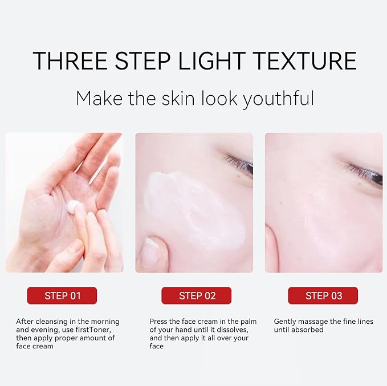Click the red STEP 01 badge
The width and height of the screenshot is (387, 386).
pyautogui.click(x=62, y=295)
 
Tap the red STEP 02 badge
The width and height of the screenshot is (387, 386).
pyautogui.click(x=197, y=295)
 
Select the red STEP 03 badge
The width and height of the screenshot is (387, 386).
pyautogui.click(x=323, y=295)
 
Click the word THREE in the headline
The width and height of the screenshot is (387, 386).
pyautogui.click(x=70, y=61)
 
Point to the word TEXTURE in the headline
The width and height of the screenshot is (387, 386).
pyautogui.click(x=304, y=61)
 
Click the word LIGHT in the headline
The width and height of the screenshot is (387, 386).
pyautogui.click(x=211, y=61)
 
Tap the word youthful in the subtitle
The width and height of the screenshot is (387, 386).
pyautogui.click(x=278, y=99)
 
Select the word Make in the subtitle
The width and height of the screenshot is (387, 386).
pyautogui.click(x=99, y=98)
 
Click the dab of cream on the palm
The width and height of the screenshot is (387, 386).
pyautogui.click(x=74, y=206)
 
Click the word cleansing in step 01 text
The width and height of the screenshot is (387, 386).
pyautogui.click(x=52, y=322)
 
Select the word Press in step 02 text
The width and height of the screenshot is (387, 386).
pyautogui.click(x=158, y=322)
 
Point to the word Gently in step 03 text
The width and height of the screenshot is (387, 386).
pyautogui.click(x=285, y=322)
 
